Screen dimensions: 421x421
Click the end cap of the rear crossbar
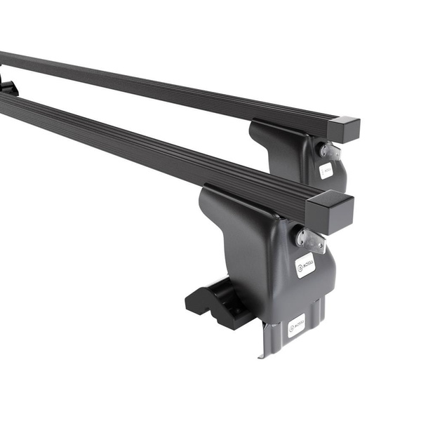[x=343, y=130]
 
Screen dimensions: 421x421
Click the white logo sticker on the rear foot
[x=326, y=171]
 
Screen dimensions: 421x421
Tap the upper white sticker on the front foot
[x=305, y=265]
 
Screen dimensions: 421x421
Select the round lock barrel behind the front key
[x=300, y=235]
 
